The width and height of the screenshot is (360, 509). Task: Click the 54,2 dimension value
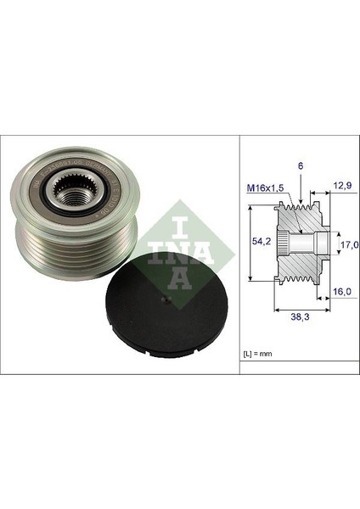tap(262, 242)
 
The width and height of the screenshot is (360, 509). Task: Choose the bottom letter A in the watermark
tap(179, 280)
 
